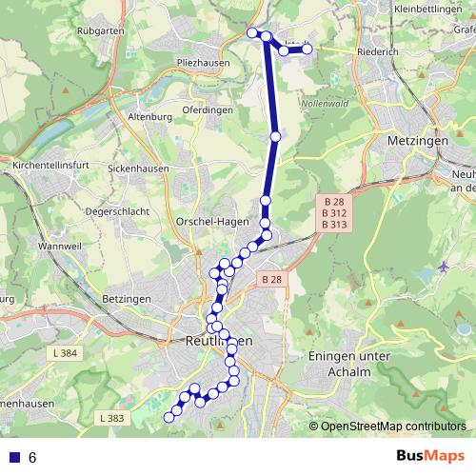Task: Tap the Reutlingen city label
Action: (x=219, y=340)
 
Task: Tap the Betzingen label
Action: (x=126, y=299)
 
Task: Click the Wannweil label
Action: (x=60, y=246)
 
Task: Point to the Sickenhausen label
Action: (x=139, y=168)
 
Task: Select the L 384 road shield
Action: (x=66, y=354)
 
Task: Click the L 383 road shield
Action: (x=111, y=418)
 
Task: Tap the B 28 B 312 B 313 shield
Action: (x=334, y=214)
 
